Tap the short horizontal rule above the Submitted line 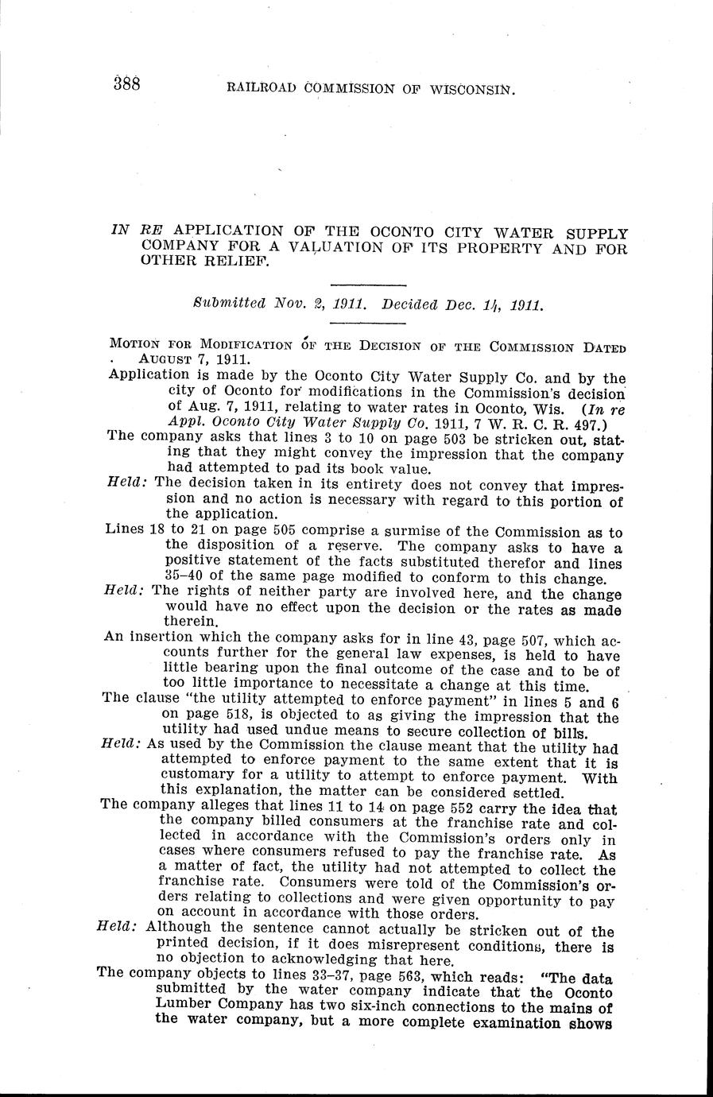point(367,285)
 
